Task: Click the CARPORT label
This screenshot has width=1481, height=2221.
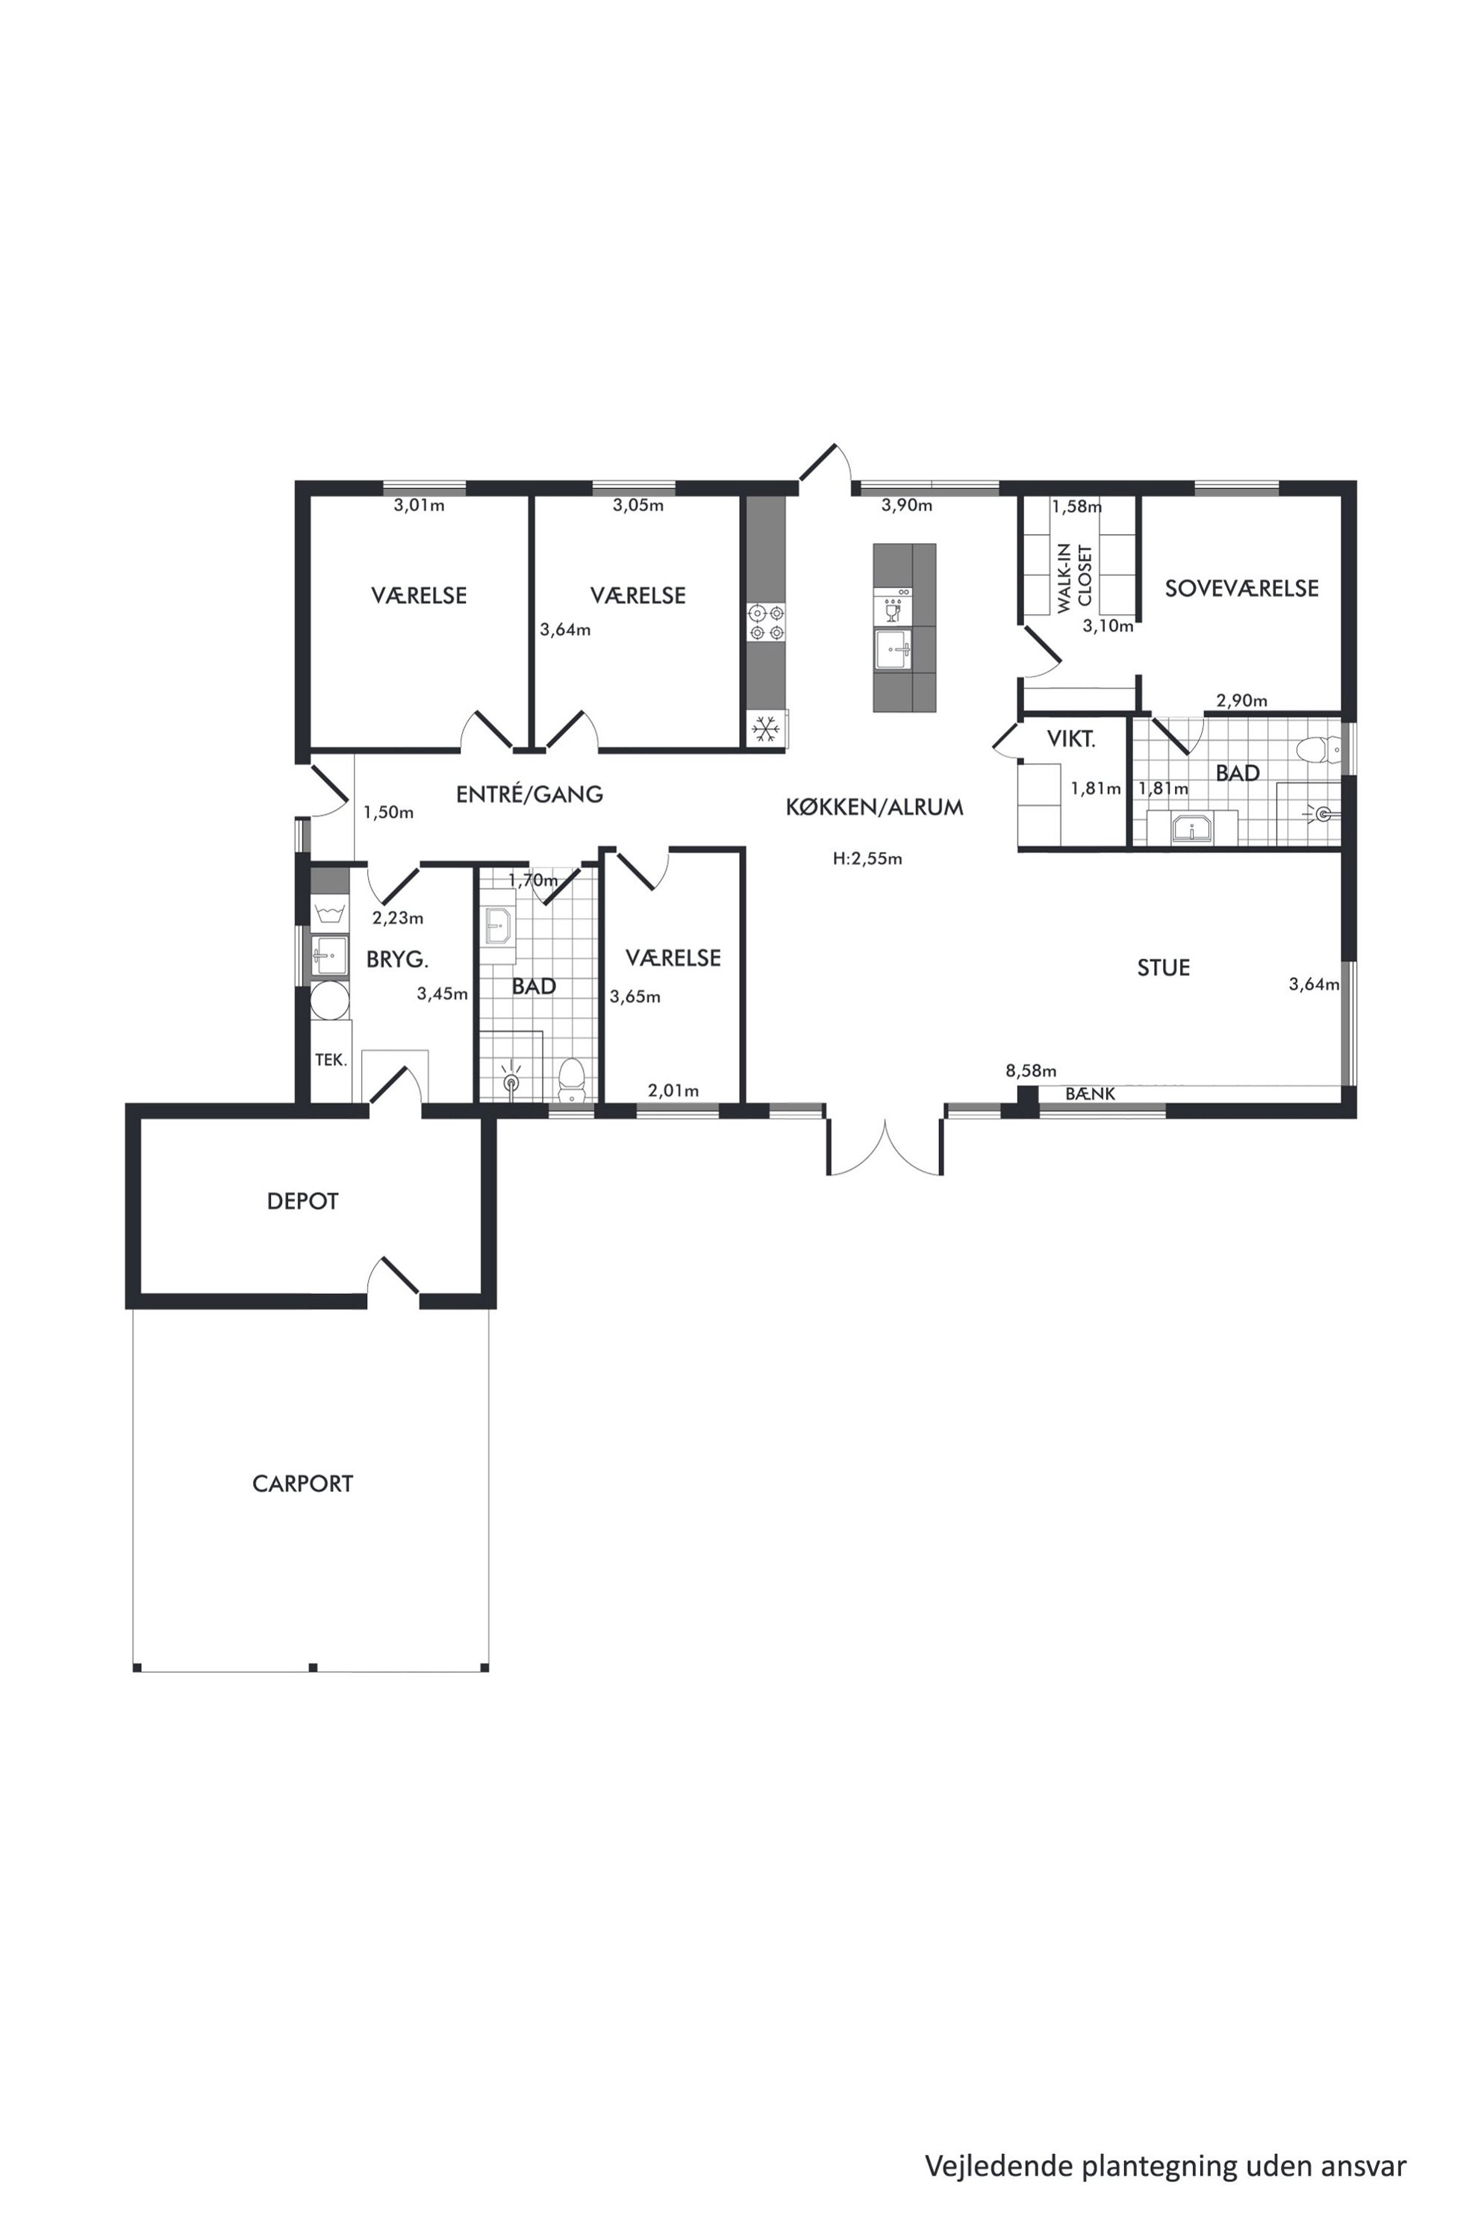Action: click(302, 1484)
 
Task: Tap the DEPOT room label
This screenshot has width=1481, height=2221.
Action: click(302, 1201)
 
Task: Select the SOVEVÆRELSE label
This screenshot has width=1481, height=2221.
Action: click(1241, 588)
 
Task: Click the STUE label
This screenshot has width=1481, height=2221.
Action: click(1163, 968)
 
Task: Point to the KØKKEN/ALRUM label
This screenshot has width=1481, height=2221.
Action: click(873, 808)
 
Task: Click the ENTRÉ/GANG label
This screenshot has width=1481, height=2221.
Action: click(529, 794)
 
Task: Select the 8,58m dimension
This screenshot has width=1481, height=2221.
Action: click(1030, 1071)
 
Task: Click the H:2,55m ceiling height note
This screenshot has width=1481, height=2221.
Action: click(867, 859)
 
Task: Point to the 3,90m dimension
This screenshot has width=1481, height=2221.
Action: click(907, 505)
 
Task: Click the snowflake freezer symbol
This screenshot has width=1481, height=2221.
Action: click(765, 729)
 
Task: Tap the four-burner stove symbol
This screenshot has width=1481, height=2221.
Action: click(766, 623)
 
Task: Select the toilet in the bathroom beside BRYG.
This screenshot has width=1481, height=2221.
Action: click(570, 1079)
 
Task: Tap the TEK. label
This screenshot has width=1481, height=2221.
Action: click(331, 1060)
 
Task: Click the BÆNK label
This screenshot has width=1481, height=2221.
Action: click(1090, 1093)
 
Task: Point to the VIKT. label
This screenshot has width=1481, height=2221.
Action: click(1071, 740)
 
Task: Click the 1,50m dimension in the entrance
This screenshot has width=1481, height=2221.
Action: click(388, 812)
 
